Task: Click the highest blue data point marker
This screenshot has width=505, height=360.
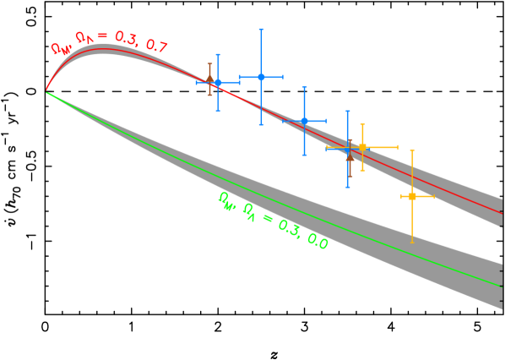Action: coord(261,77)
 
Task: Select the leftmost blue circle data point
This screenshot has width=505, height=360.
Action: coord(218,82)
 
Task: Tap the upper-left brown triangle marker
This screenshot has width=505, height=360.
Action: coord(209,79)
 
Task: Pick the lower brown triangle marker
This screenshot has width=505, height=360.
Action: coord(350,156)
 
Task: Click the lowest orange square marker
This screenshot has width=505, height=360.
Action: coord(412,196)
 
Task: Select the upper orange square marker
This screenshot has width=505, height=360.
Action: coord(362,147)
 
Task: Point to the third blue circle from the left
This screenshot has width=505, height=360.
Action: coord(304,121)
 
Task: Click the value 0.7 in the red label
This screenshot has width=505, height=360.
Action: coord(156,46)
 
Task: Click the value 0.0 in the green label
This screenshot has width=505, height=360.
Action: coord(318,242)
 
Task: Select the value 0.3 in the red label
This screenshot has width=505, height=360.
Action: coord(126,39)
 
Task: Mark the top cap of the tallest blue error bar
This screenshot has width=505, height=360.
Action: coord(261,30)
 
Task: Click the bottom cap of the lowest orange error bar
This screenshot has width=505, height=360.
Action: coord(412,243)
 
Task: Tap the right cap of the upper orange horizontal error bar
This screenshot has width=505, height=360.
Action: coord(397,147)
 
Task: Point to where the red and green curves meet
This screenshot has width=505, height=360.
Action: coord(46,91)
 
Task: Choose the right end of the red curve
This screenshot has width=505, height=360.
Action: coord(502,213)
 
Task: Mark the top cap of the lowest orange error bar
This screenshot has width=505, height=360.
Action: coord(412,150)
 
